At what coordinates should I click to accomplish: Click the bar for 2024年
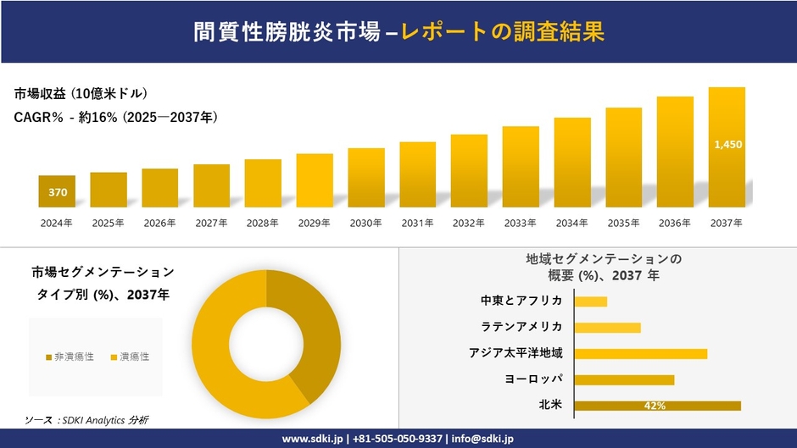pyautogui.click(x=57, y=191)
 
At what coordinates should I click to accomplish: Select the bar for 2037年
pyautogui.click(x=727, y=147)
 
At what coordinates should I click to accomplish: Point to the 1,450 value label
pyautogui.click(x=727, y=145)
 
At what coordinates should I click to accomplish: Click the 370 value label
pyautogui.click(x=57, y=192)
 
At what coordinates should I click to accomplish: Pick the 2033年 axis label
pyautogui.click(x=520, y=224)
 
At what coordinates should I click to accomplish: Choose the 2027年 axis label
pyautogui.click(x=211, y=224)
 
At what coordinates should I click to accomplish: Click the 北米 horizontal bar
pyautogui.click(x=657, y=406)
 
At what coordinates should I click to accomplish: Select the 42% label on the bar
pyautogui.click(x=655, y=406)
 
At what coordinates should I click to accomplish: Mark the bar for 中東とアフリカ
pyautogui.click(x=591, y=301)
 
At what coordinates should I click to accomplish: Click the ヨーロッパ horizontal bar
pyautogui.click(x=624, y=379)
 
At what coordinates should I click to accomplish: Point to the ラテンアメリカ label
pyautogui.click(x=521, y=327)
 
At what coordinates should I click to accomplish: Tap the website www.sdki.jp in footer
pyautogui.click(x=312, y=439)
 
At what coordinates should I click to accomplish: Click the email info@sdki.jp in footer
pyautogui.click(x=482, y=439)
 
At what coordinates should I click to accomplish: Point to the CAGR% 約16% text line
pyautogui.click(x=115, y=118)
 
